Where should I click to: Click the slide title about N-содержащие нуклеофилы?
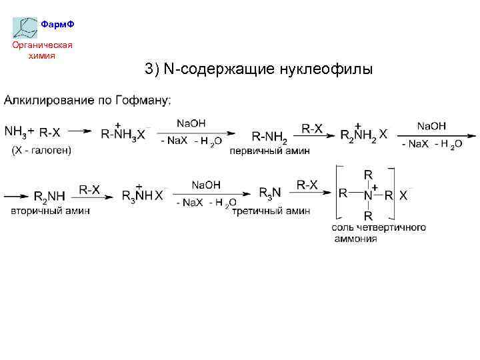(x=258, y=69)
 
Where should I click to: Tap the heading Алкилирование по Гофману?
(x=87, y=101)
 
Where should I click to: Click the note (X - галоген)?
(x=41, y=151)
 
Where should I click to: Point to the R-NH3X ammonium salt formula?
(x=123, y=133)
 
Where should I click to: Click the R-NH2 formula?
(x=269, y=137)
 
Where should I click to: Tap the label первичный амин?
(x=269, y=151)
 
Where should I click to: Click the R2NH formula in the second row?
(x=49, y=196)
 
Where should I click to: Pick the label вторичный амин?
(x=51, y=211)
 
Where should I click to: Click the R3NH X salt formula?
(x=142, y=195)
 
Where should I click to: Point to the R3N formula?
(x=270, y=193)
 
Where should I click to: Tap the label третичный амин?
(x=271, y=211)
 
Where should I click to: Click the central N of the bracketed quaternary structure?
(x=367, y=195)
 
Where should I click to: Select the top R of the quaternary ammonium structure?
(x=367, y=174)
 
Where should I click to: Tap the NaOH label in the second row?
(x=206, y=185)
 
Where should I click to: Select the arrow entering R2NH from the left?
(x=17, y=196)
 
